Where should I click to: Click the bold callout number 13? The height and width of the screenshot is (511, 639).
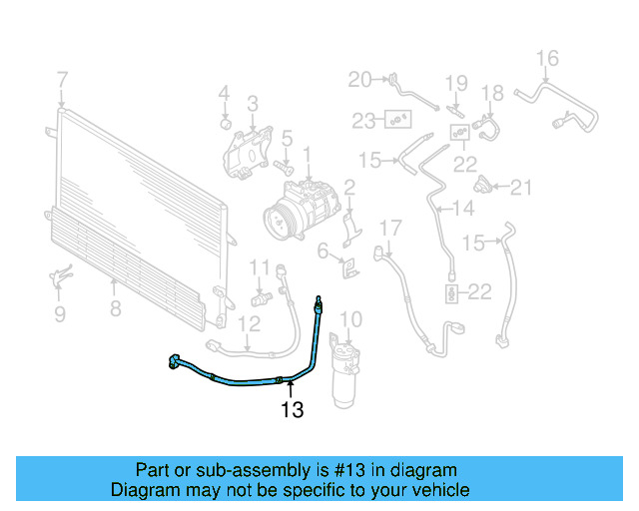pos(292,409)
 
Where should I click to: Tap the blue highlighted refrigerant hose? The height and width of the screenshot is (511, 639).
pos(250,380)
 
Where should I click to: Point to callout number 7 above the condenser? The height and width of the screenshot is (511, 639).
pos(62,79)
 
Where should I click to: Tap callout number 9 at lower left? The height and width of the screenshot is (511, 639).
pos(59,313)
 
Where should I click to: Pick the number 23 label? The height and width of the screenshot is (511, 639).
pos(363,121)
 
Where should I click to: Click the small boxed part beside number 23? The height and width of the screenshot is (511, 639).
pos(399,121)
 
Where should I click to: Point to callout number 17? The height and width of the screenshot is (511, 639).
pos(388,228)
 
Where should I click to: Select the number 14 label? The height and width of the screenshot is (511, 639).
pos(463,209)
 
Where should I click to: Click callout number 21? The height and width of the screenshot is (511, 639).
pos(523,186)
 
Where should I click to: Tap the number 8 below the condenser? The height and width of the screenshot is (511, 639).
pos(115,309)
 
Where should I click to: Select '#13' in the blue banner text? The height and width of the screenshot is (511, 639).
pos(312,470)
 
